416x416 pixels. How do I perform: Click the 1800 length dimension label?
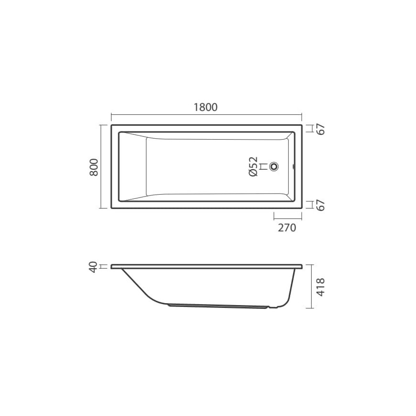pos(206,107)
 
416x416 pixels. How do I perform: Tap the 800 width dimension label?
pos(94,167)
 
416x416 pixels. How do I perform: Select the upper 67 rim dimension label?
pos(321,129)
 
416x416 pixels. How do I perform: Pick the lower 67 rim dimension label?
pos(321,205)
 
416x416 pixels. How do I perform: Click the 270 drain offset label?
pos(287,228)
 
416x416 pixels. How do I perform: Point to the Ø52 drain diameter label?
pos(253,166)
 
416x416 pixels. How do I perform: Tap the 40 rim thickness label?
pos(93,267)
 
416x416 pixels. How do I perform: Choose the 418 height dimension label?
pos(321,287)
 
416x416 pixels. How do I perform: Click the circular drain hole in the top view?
pos(274,166)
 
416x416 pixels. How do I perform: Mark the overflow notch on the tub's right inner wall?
pos(294,166)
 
